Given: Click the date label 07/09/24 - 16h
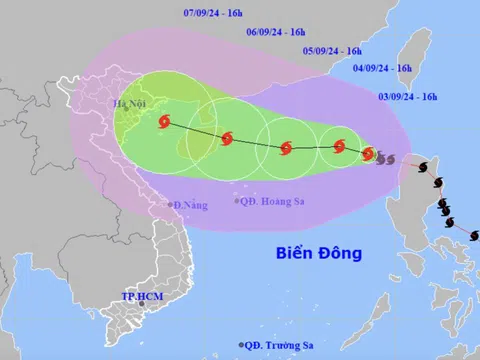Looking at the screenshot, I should point(220,13).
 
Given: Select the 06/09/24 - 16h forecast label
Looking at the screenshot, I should point(281,31).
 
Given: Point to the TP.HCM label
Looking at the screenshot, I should point(141,296).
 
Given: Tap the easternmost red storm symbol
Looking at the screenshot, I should point(368,154).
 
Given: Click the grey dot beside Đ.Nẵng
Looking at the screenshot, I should point(169,206).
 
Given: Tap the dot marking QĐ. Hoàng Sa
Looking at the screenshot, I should point(238,201).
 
